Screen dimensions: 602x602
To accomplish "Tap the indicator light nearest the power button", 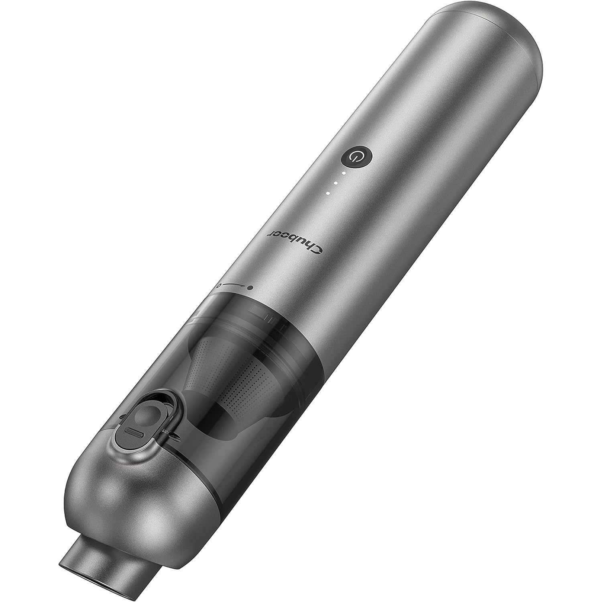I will point(344,173).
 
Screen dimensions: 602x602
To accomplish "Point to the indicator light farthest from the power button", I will point(328,193).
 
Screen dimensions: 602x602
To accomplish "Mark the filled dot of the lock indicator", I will point(250,287).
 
